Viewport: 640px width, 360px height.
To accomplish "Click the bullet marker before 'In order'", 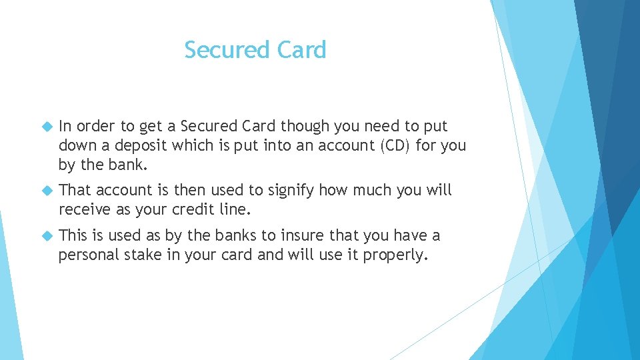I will tap(47, 126).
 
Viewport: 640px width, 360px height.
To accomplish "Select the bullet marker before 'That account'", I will tap(47, 191).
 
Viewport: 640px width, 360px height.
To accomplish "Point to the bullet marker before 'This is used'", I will tap(47, 235).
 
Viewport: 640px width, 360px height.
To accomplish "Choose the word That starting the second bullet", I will tap(75, 191).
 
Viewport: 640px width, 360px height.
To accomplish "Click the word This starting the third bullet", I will tap(73, 235).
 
